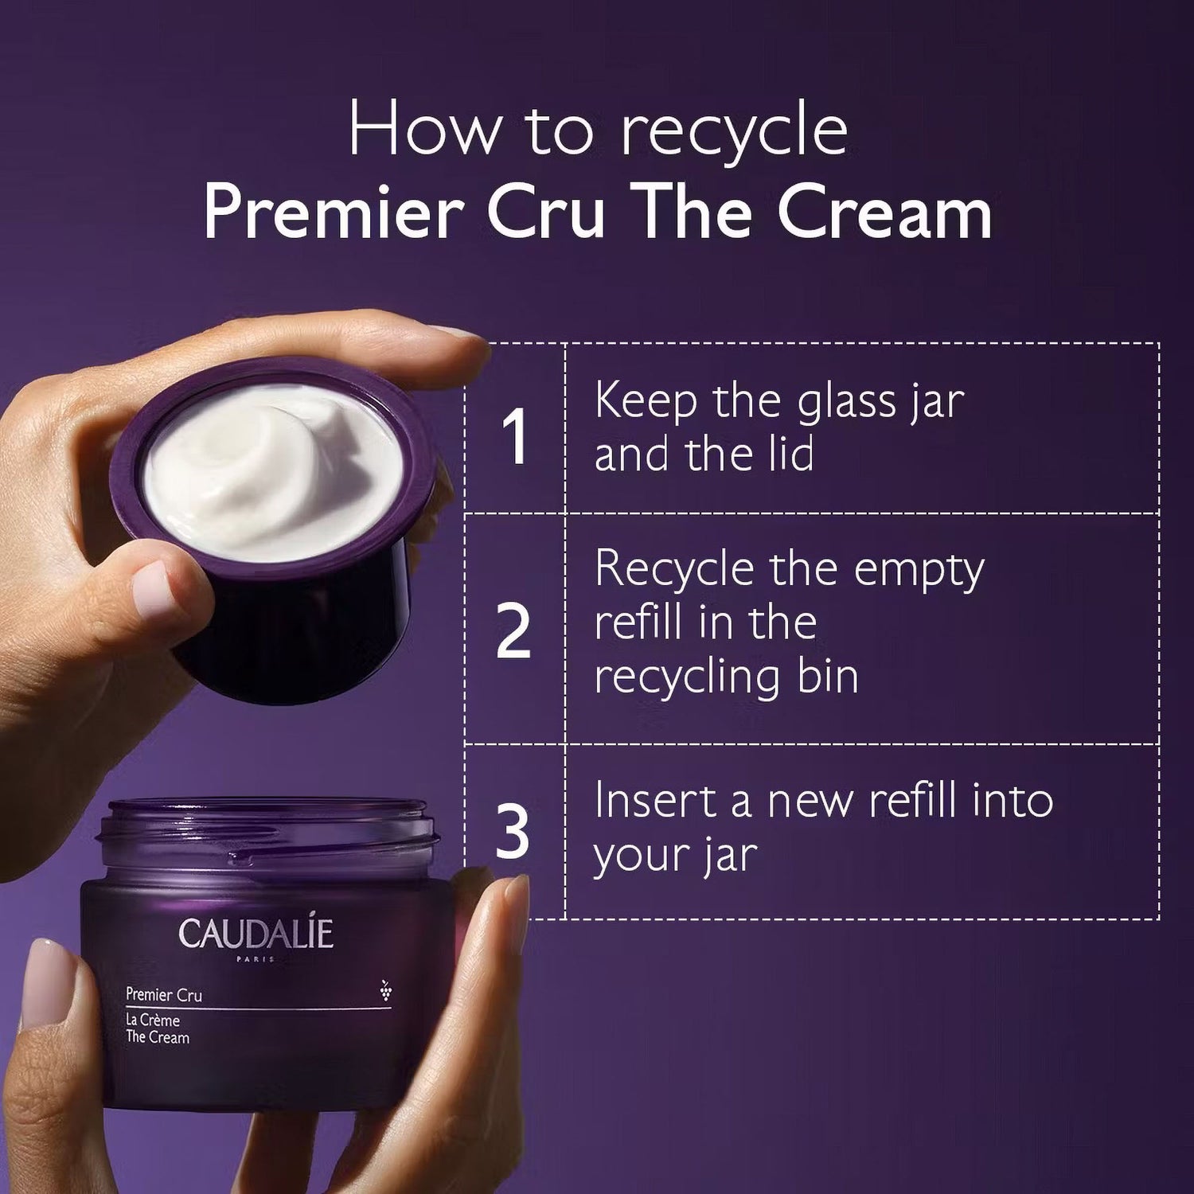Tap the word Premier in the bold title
(334, 213)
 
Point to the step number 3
(513, 832)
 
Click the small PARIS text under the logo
(256, 959)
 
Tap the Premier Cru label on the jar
(164, 995)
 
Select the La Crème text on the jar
(153, 1020)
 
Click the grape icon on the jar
(386, 989)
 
